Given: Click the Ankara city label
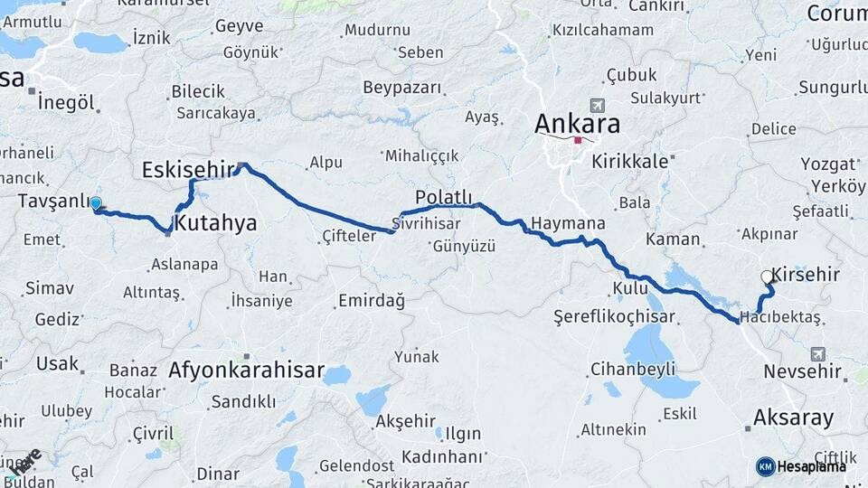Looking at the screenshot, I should pos(578,123).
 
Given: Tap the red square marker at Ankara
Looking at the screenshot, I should pos(578,140).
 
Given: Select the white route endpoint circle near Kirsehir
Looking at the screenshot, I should pos(767,277).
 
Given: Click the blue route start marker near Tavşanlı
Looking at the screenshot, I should pos(96,204).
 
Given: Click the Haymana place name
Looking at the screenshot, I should pos(567,223).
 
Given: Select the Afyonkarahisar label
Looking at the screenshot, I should pos(246,371).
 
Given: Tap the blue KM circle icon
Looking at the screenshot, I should pos(765,466).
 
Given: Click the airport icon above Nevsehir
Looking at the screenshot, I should pos(818,353).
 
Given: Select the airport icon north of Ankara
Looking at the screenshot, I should pos(596,106).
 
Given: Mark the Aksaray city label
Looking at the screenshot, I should pos(793,418).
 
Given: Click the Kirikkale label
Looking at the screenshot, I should pos(630,161).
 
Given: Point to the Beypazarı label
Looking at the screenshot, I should pos(402,88).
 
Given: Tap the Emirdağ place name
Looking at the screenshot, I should pos(371,300).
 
